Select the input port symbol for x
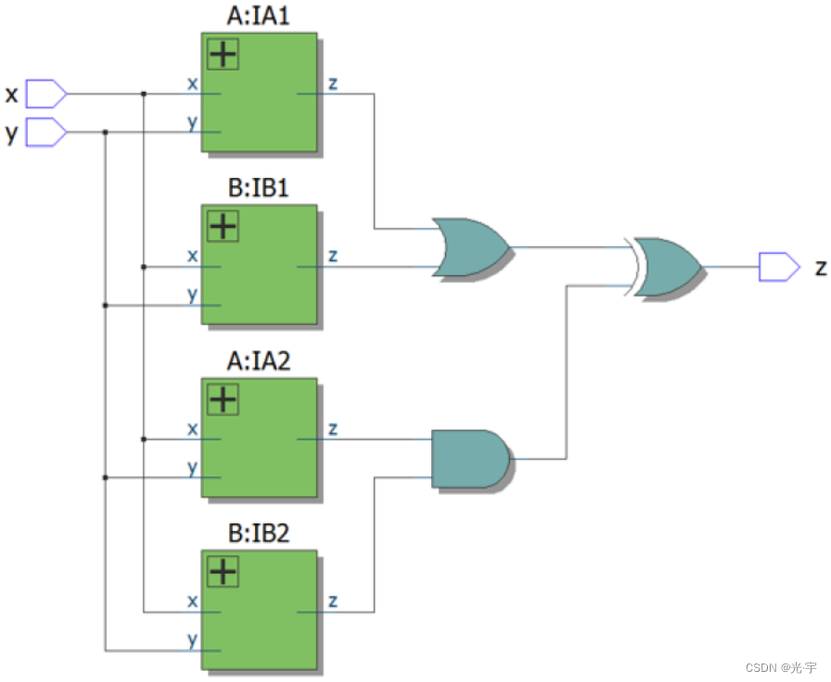[x=45, y=94]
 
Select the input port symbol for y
[x=45, y=133]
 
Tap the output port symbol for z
[x=778, y=267]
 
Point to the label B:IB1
[x=259, y=188]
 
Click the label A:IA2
[x=259, y=361]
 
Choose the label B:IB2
[x=259, y=535]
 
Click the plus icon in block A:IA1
[x=223, y=55]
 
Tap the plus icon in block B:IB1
[x=223, y=225]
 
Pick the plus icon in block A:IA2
[x=223, y=399]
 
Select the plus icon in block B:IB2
[x=223, y=572]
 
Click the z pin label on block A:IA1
[x=332, y=83]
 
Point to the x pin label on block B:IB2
[x=193, y=601]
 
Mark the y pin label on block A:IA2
[x=193, y=468]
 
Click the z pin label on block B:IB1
[x=332, y=256]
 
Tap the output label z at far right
[x=820, y=267]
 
